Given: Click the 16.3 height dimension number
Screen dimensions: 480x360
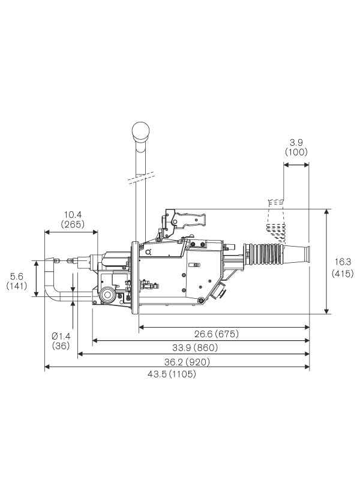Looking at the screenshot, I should coord(341,262).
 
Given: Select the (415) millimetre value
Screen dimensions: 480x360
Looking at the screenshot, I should coord(341,273).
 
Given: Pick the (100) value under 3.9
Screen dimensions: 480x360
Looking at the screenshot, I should coord(296,152).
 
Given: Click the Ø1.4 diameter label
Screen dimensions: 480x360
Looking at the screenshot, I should coord(61,335).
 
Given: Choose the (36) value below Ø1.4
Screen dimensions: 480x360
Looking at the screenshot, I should coord(61,346).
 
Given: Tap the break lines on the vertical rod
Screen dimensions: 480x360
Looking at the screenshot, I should coord(140,178).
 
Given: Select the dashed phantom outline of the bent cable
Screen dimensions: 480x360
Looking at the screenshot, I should coord(274,219).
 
